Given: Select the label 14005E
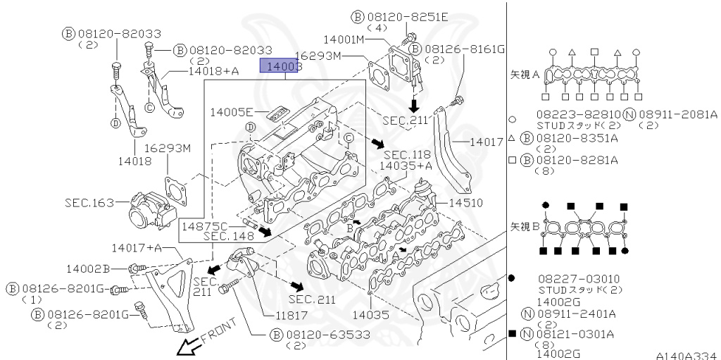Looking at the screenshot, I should [x=231, y=111].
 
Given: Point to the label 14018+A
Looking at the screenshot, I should [x=213, y=71].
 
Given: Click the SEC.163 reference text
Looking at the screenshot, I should [x=89, y=202].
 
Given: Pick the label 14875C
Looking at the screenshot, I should [x=204, y=226].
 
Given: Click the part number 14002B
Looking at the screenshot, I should [x=88, y=268].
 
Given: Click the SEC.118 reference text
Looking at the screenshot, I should [x=407, y=154].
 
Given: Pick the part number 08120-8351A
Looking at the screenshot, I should [x=577, y=138].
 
